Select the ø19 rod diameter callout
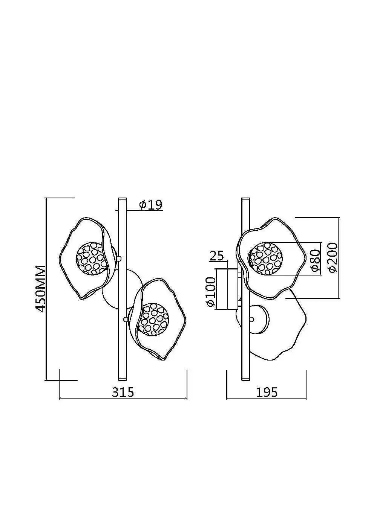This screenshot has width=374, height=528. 151,205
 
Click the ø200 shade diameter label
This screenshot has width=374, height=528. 333,258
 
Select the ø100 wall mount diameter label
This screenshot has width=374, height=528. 211,292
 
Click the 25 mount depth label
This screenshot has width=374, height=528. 216,256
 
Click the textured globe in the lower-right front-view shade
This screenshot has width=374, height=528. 153,319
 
